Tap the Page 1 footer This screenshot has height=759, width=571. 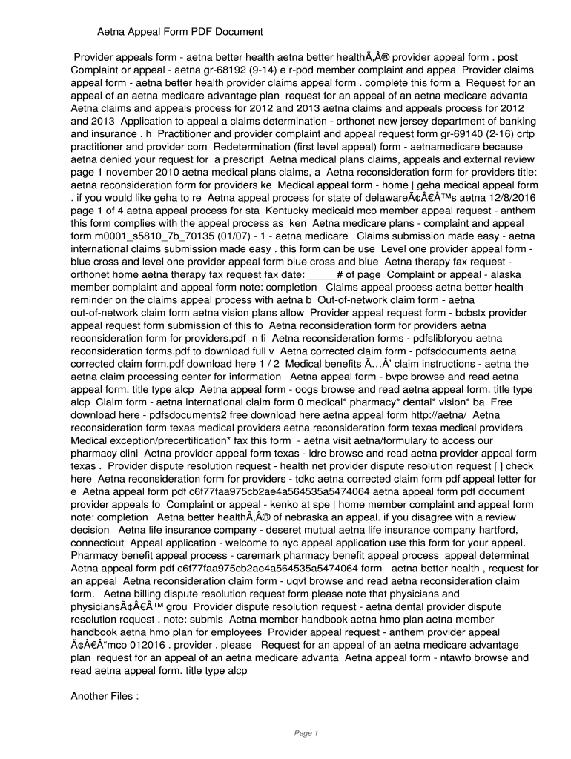tap(306, 734)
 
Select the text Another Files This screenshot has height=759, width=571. tap(105, 696)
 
